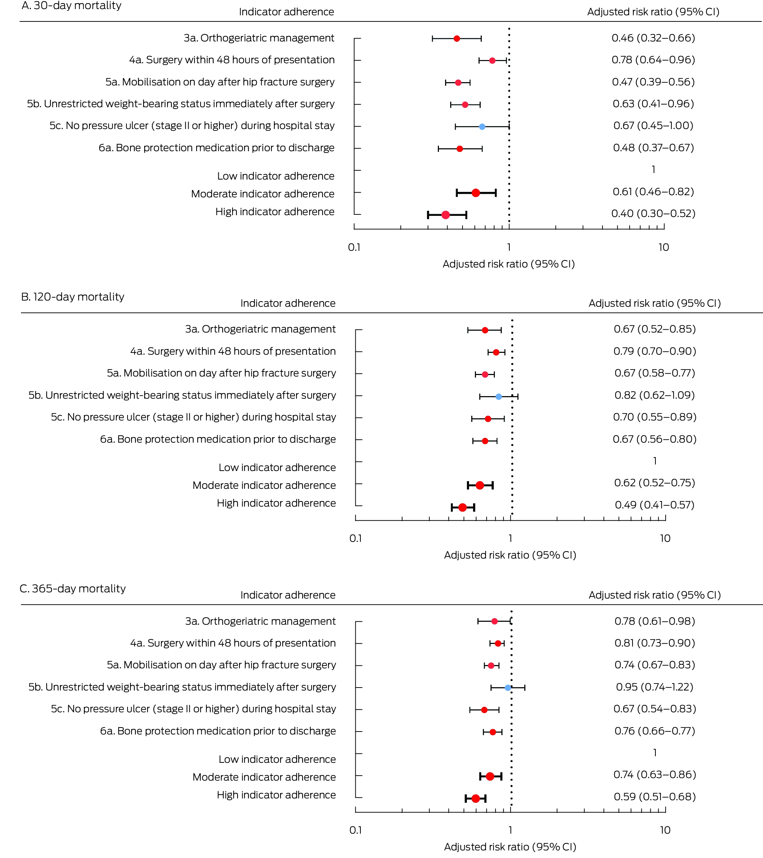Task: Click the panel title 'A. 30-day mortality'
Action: click(71, 5)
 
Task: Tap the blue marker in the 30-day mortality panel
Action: click(482, 126)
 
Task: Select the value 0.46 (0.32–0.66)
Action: click(653, 38)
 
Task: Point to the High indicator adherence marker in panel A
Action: click(445, 215)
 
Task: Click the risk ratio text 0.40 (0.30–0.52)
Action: click(653, 214)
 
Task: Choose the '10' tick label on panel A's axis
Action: click(663, 247)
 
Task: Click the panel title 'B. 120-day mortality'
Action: click(73, 297)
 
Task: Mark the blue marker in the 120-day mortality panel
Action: click(498, 396)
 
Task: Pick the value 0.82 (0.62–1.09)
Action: click(654, 395)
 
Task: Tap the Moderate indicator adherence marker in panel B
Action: click(480, 485)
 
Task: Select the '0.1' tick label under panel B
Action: click(355, 539)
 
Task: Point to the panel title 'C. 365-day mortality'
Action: click(73, 588)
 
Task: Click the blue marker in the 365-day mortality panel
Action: click(508, 688)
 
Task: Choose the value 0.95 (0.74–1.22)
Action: click(654, 687)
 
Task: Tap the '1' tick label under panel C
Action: click(510, 830)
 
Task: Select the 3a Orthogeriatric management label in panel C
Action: click(260, 621)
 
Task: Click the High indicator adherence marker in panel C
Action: click(475, 798)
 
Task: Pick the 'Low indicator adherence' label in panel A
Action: click(275, 176)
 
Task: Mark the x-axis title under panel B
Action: click(510, 555)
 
